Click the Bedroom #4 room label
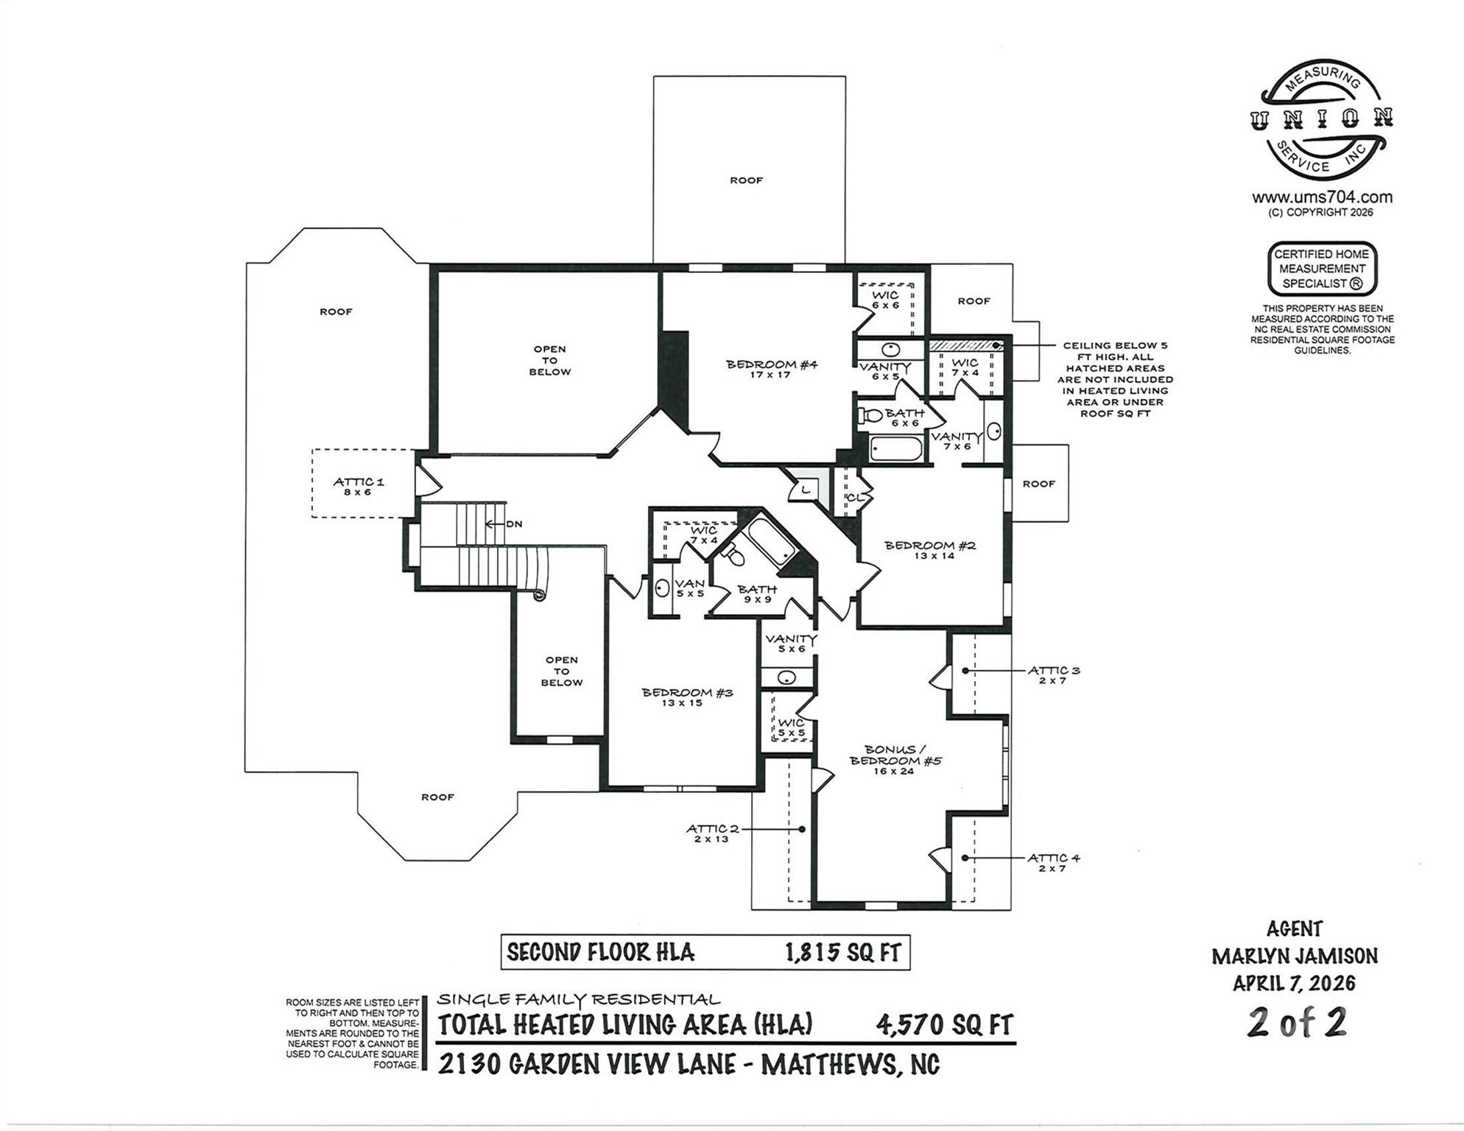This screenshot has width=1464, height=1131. [x=772, y=369]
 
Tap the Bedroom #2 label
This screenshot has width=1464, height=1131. [x=930, y=550]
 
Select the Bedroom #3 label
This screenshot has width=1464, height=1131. [x=687, y=697]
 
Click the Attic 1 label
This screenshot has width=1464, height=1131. [x=358, y=486]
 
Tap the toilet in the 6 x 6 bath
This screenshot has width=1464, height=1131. [x=870, y=415]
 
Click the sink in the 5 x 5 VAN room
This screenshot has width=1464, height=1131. [x=661, y=588]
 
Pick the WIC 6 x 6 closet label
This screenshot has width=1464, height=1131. [x=886, y=300]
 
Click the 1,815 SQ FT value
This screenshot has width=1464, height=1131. [x=842, y=953]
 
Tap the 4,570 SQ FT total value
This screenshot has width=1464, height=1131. [x=944, y=1024]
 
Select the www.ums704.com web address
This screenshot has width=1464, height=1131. [x=1322, y=197]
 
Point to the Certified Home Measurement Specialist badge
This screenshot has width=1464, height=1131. [x=1322, y=269]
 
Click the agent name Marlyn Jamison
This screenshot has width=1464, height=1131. [x=1295, y=956]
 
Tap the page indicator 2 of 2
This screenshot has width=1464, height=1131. [x=1297, y=1023]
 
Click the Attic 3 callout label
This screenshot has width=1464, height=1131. [x=1054, y=674]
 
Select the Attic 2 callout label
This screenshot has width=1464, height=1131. [x=711, y=833]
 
